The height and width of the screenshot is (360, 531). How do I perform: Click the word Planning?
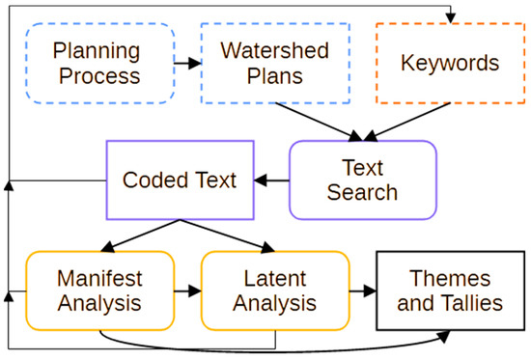(x=97, y=51)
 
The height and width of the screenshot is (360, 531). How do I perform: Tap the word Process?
(x=99, y=76)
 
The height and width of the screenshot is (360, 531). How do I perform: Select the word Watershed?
(x=274, y=50)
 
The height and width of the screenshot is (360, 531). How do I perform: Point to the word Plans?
(x=274, y=76)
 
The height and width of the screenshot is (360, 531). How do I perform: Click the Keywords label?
(x=450, y=63)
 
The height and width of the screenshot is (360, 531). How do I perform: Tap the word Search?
(x=362, y=192)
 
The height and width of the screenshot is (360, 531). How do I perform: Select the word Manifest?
(x=99, y=278)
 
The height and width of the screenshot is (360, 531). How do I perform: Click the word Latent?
(x=275, y=278)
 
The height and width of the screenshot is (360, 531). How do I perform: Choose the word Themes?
(x=450, y=278)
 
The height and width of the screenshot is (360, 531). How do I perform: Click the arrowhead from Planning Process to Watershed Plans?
(x=195, y=63)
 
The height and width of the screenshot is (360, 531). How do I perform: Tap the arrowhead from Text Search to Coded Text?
(x=261, y=180)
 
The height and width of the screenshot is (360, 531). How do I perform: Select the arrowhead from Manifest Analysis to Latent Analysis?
(x=195, y=291)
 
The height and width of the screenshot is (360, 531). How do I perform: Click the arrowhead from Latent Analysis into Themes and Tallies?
(x=370, y=291)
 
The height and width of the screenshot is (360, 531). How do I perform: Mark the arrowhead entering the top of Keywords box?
(x=450, y=18)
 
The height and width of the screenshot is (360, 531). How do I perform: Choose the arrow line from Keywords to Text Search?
(x=407, y=122)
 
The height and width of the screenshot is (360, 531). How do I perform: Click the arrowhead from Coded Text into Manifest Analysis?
(x=108, y=247)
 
